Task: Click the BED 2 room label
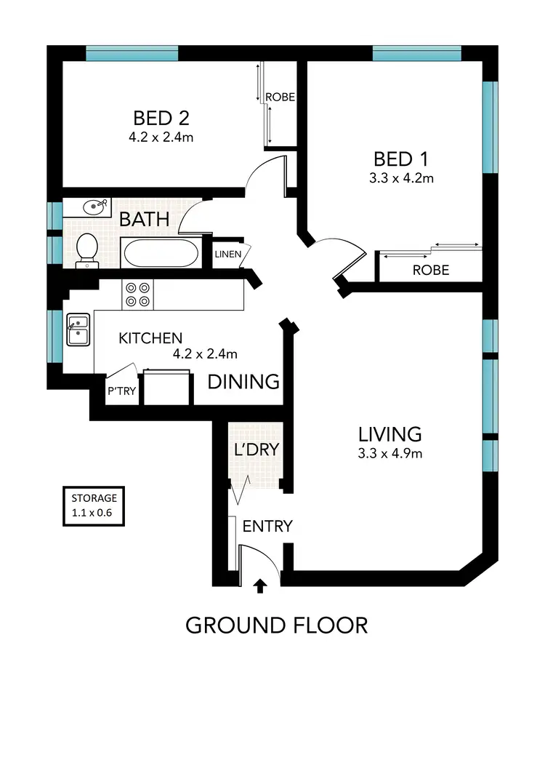pyautogui.click(x=162, y=117)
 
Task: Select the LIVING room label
pyautogui.click(x=389, y=434)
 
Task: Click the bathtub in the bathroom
pyautogui.click(x=160, y=253)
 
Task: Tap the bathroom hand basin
pyautogui.click(x=94, y=207)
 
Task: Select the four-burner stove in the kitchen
pyautogui.click(x=137, y=293)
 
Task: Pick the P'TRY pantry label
pyautogui.click(x=121, y=391)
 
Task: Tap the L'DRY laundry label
pyautogui.click(x=256, y=450)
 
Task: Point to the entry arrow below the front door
pyautogui.click(x=261, y=586)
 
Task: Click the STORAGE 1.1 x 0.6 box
pyautogui.click(x=94, y=505)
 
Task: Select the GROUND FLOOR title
pyautogui.click(x=276, y=625)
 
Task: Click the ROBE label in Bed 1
pyautogui.click(x=430, y=270)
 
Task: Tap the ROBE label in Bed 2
pyautogui.click(x=280, y=97)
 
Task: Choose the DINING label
pyautogui.click(x=243, y=381)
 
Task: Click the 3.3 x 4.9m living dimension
pyautogui.click(x=390, y=454)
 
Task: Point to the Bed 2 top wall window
pyautogui.click(x=132, y=53)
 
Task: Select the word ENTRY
pyautogui.click(x=267, y=526)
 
